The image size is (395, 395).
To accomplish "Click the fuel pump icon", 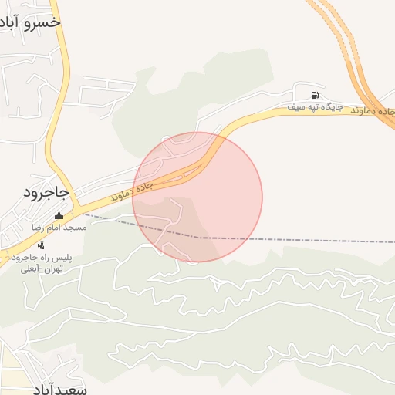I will pos(314,96).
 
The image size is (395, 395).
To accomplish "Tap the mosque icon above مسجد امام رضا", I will pos(59,216).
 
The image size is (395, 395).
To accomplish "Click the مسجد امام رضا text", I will pos(59,228).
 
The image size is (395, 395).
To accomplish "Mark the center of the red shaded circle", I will pos(197,197).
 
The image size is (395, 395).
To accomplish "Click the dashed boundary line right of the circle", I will pos(324,240).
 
